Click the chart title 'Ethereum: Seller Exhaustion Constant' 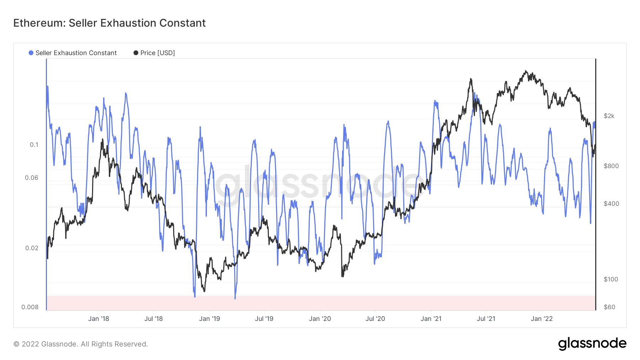point(110,23)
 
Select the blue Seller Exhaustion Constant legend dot point(31,53)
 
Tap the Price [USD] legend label point(158,53)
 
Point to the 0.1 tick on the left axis point(34,145)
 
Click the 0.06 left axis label point(32,178)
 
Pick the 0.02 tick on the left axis point(32,248)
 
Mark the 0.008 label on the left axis point(30,307)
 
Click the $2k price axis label point(609,116)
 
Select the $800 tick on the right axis point(611,166)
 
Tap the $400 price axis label point(611,204)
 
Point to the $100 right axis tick point(611,279)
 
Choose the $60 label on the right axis point(609,307)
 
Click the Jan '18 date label point(98,319)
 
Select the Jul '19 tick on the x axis point(264,319)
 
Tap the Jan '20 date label point(320,319)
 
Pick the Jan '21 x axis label point(431,319)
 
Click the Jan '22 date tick point(542,319)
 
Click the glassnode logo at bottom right point(592,344)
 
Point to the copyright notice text point(81,344)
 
